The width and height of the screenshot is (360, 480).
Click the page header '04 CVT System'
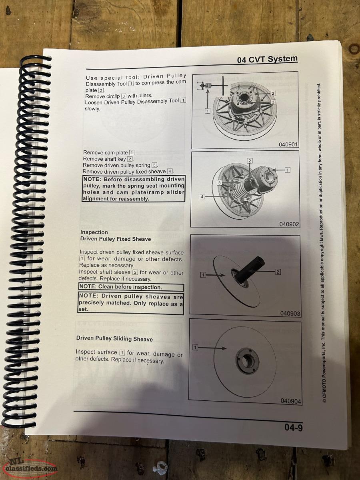tap(267, 59)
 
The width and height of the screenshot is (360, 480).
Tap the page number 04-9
tap(293, 427)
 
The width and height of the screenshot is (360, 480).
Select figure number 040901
tap(288, 144)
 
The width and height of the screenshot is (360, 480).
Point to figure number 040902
tap(289, 224)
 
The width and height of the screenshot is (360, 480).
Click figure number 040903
tap(290, 313)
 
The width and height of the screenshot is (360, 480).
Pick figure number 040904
tap(291, 401)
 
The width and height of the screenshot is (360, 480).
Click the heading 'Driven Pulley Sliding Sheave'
tap(114, 339)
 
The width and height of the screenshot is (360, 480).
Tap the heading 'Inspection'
tap(94, 232)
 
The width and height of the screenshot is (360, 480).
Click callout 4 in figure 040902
tap(202, 197)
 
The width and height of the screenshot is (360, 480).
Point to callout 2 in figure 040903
tap(278, 272)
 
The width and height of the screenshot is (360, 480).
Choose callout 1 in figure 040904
tap(195, 347)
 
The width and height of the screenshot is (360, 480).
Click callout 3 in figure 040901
tap(273, 102)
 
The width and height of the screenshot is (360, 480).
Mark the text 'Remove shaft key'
tap(105, 159)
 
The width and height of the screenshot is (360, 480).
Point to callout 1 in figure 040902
tap(288, 170)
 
